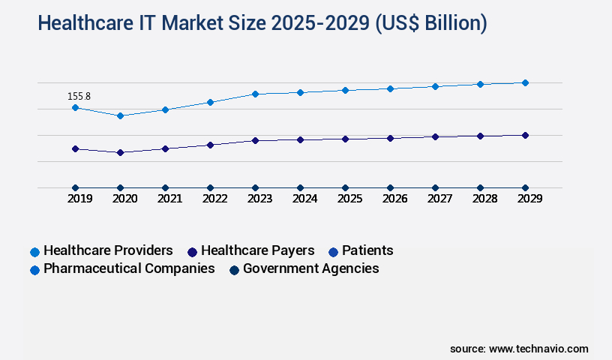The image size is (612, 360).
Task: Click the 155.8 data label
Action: pos(79,96)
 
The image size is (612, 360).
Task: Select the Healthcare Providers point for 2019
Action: pos(75,107)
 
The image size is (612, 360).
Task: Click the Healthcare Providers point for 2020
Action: pos(120,115)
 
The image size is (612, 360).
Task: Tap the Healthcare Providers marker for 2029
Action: pos(525,82)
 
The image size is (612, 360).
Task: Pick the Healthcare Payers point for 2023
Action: pos(255,140)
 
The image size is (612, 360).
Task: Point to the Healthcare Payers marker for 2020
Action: pos(120,152)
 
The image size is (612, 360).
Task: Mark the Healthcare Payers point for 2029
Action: pos(525,135)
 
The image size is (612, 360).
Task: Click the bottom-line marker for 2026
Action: pos(390,187)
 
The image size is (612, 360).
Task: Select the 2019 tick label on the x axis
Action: pos(79,199)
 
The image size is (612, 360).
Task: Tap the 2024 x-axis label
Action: pos(304,199)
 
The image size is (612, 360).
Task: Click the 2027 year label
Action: pos(439,199)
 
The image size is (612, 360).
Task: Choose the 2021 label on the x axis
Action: pos(169,199)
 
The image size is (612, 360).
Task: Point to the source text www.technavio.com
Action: pos(538,349)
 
